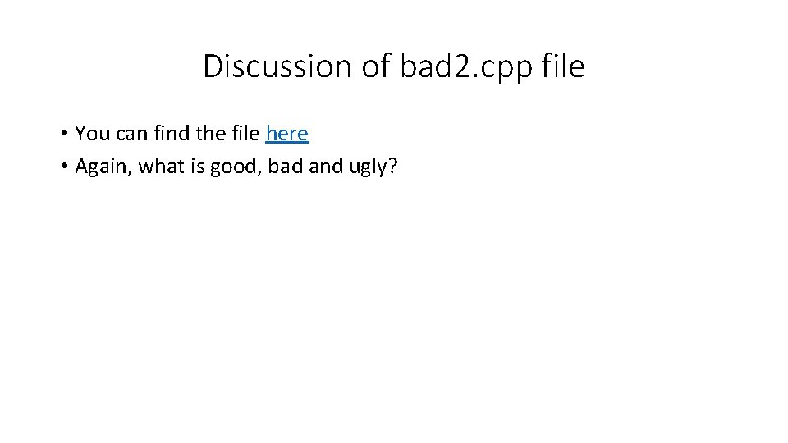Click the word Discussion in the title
click(278, 66)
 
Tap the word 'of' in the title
click(378, 66)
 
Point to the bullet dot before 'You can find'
click(63, 134)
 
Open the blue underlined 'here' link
click(287, 133)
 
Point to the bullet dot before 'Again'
click(63, 167)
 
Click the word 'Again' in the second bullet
click(103, 167)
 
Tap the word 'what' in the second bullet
click(162, 167)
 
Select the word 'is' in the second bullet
click(198, 167)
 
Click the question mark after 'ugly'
click(392, 167)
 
